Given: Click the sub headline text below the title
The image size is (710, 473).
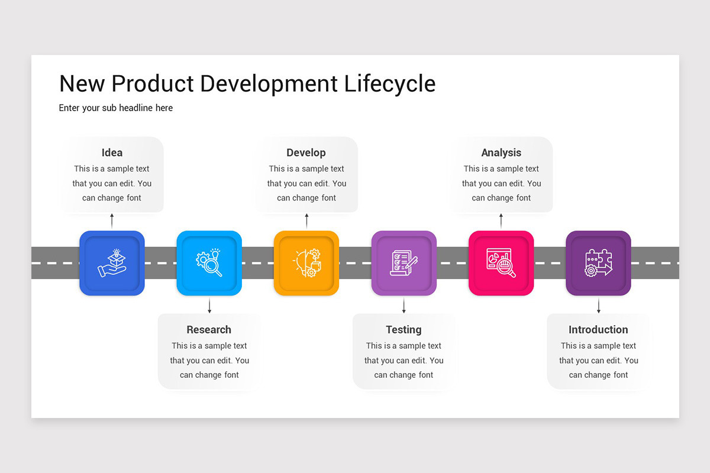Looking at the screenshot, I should pyautogui.click(x=116, y=108).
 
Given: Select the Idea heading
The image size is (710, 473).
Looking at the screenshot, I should pyautogui.click(x=112, y=153).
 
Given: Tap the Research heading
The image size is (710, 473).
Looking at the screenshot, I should pyautogui.click(x=209, y=329).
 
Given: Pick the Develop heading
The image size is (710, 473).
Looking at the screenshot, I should pyautogui.click(x=306, y=153).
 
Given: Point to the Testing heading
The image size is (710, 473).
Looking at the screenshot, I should pyautogui.click(x=404, y=329).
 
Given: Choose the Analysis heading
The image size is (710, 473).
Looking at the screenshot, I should pyautogui.click(x=501, y=153).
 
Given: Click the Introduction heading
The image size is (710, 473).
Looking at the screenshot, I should pyautogui.click(x=598, y=329).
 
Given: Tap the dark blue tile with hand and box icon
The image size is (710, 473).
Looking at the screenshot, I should pyautogui.click(x=112, y=263).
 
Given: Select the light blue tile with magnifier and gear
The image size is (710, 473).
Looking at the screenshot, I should pyautogui.click(x=209, y=263).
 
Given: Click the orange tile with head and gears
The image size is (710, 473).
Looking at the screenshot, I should pyautogui.click(x=306, y=263).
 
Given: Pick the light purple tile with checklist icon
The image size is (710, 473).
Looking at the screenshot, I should pyautogui.click(x=404, y=263).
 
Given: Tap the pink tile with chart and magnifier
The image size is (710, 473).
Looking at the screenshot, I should pyautogui.click(x=501, y=263).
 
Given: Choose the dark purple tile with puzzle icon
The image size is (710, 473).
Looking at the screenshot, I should pyautogui.click(x=598, y=263).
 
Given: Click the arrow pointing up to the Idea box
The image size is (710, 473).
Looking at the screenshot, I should pyautogui.click(x=112, y=221).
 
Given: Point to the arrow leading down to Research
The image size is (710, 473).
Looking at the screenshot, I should pyautogui.click(x=209, y=306).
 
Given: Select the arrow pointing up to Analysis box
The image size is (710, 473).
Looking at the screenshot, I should pyautogui.click(x=501, y=221).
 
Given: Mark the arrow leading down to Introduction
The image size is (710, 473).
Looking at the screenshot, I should pyautogui.click(x=598, y=306).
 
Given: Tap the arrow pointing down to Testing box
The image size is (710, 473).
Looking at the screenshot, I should pyautogui.click(x=404, y=306).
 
